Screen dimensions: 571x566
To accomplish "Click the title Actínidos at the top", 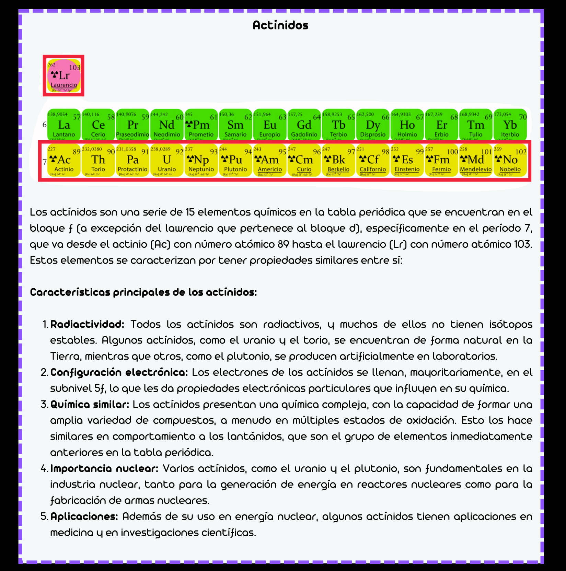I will click(280, 25).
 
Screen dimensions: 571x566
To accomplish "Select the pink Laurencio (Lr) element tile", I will click(63, 76).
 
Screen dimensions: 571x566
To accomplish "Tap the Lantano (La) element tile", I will click(64, 125).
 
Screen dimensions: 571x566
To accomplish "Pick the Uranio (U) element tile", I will click(167, 160).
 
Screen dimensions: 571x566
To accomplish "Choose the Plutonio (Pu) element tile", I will click(235, 160).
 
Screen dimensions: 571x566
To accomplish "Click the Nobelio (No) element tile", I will click(510, 160).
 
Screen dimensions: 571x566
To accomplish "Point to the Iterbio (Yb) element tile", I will click(510, 125).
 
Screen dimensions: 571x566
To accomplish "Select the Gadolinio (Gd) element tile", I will click(304, 125).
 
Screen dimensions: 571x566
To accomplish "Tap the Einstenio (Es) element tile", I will click(407, 160).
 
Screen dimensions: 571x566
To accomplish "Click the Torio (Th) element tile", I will click(98, 160).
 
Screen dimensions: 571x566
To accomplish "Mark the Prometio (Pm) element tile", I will click(201, 125).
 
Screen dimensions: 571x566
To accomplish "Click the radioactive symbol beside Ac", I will click(53, 159).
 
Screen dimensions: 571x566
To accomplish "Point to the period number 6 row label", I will click(44, 125).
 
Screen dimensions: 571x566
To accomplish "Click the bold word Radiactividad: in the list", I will click(87, 324).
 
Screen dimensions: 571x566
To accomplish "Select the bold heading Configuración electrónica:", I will click(119, 372).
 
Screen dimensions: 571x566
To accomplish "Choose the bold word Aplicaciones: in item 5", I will click(84, 516).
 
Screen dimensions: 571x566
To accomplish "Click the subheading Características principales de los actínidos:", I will click(143, 292).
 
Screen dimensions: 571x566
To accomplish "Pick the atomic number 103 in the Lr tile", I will click(75, 68).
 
